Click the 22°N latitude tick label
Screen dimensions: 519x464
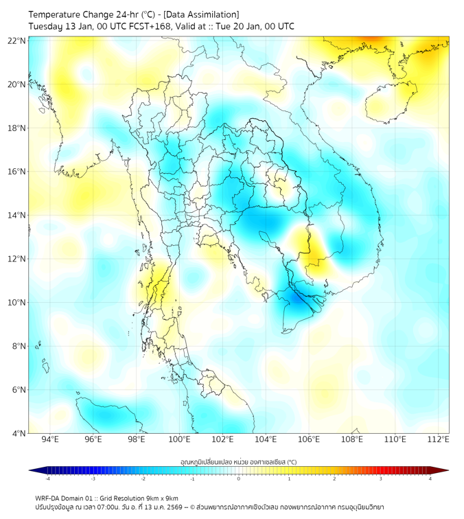point(17,41)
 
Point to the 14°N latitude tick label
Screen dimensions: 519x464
point(17,215)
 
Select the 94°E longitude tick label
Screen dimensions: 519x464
point(50,439)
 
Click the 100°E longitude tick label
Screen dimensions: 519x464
point(179,439)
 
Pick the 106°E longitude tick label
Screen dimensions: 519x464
point(309,439)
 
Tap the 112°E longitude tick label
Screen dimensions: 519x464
point(439,439)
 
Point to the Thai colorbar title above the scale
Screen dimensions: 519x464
point(238,462)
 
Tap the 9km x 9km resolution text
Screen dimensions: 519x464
point(163,498)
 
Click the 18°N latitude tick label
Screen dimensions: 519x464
point(17,128)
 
